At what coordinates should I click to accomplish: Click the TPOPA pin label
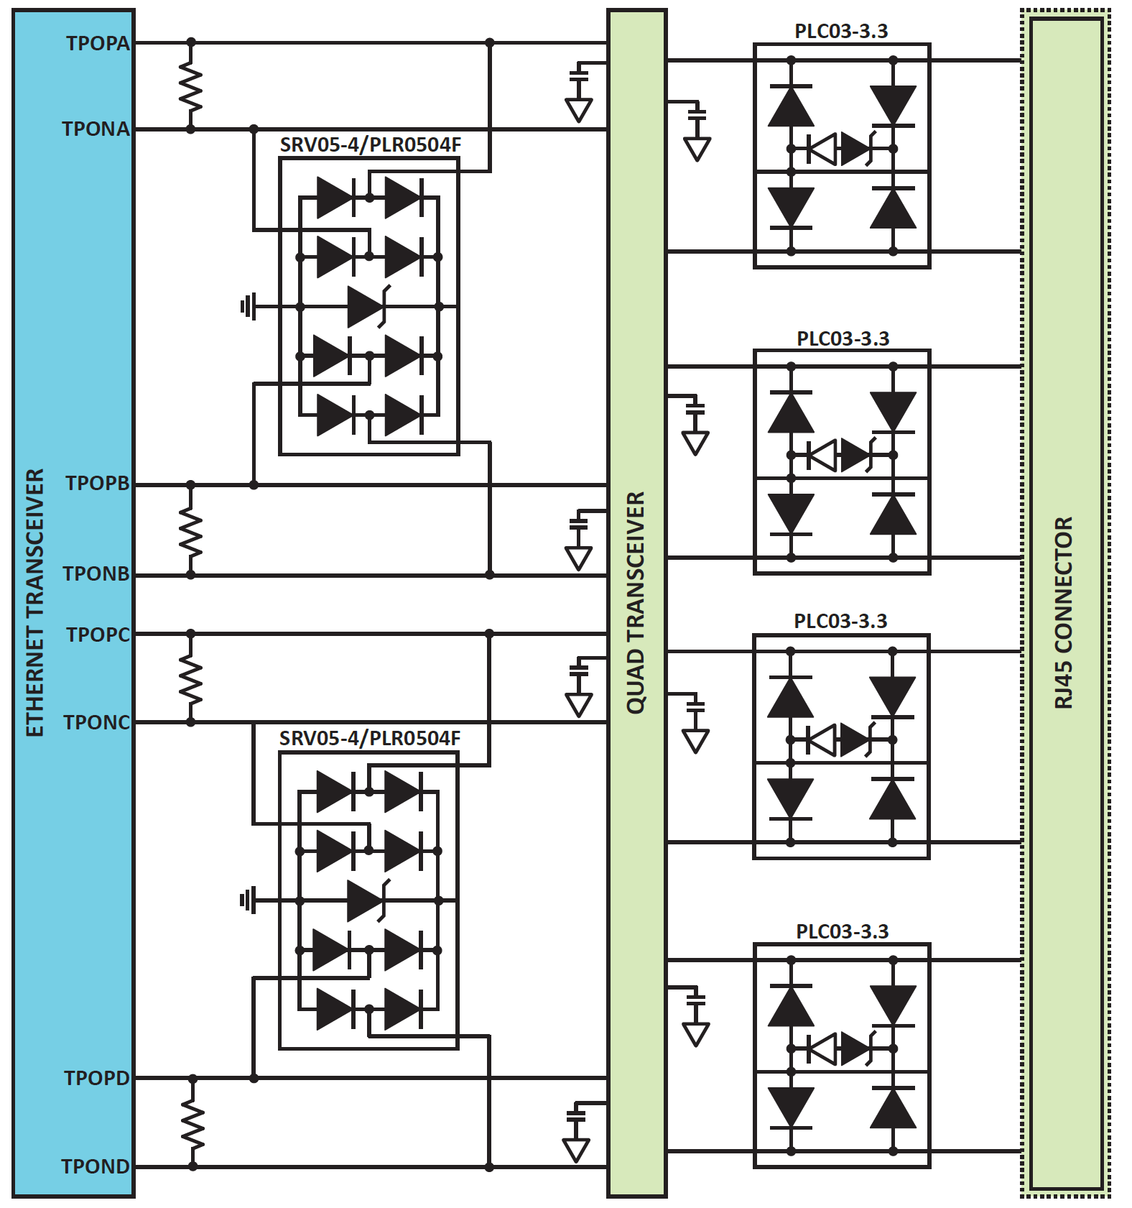[x=98, y=43]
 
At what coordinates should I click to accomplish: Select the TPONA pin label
[x=96, y=129]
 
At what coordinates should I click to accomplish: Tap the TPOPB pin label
[x=98, y=483]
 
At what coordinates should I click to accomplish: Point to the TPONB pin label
[x=96, y=573]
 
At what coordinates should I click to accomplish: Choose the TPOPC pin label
[x=98, y=635]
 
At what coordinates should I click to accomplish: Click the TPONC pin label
[x=97, y=722]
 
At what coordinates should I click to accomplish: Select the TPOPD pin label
[x=97, y=1078]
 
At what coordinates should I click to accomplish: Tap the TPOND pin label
[x=96, y=1166]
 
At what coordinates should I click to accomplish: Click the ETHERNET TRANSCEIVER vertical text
[x=35, y=603]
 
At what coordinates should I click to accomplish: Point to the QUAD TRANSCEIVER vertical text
[x=636, y=603]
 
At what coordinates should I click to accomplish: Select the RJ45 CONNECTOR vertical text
[x=1064, y=612]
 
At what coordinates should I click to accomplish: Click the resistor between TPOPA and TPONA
[x=191, y=86]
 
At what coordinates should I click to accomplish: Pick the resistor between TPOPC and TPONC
[x=191, y=678]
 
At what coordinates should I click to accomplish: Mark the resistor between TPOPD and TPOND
[x=192, y=1123]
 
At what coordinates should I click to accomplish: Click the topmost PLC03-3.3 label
[x=841, y=31]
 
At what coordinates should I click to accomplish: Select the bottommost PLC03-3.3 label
[x=843, y=931]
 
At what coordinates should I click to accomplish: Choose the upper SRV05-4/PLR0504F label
[x=371, y=144]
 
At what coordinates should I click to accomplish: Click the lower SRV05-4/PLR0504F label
[x=370, y=738]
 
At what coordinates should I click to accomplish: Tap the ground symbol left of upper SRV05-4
[x=248, y=307]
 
